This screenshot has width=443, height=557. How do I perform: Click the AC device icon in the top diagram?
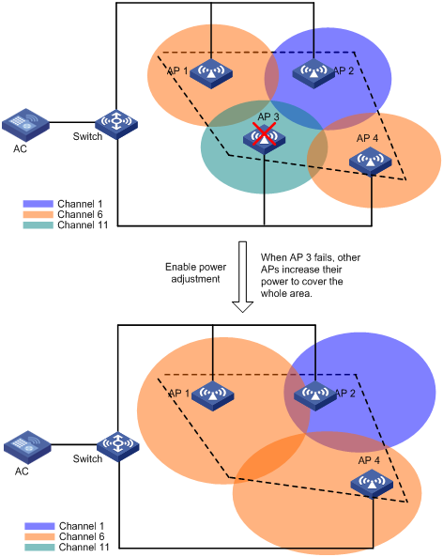click(25, 125)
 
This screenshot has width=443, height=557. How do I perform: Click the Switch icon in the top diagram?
click(116, 124)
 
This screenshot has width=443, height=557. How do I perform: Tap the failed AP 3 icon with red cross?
click(264, 139)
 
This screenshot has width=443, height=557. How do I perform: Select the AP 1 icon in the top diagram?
click(211, 73)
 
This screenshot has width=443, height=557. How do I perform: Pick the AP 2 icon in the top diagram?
click(313, 73)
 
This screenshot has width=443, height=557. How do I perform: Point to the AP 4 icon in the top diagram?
click(370, 162)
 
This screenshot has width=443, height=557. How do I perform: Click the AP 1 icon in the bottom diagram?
click(213, 395)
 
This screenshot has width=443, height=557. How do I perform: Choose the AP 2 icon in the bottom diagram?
click(315, 395)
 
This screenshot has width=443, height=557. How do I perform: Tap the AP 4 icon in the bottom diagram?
click(372, 484)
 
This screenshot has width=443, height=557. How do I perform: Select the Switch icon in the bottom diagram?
click(118, 446)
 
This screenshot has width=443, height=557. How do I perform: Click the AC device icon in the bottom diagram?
click(27, 447)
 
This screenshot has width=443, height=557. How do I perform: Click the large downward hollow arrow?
click(243, 277)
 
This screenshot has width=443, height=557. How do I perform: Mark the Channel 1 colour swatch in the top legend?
click(38, 204)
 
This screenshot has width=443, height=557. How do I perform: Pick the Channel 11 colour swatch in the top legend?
click(38, 225)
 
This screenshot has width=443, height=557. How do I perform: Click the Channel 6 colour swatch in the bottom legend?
click(39, 536)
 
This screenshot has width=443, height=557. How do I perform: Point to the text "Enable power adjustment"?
click(195, 272)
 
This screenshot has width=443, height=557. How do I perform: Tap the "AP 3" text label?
click(268, 116)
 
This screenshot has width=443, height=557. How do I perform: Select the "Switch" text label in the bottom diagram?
click(87, 458)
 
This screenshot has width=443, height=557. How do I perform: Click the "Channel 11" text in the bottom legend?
click(84, 547)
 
